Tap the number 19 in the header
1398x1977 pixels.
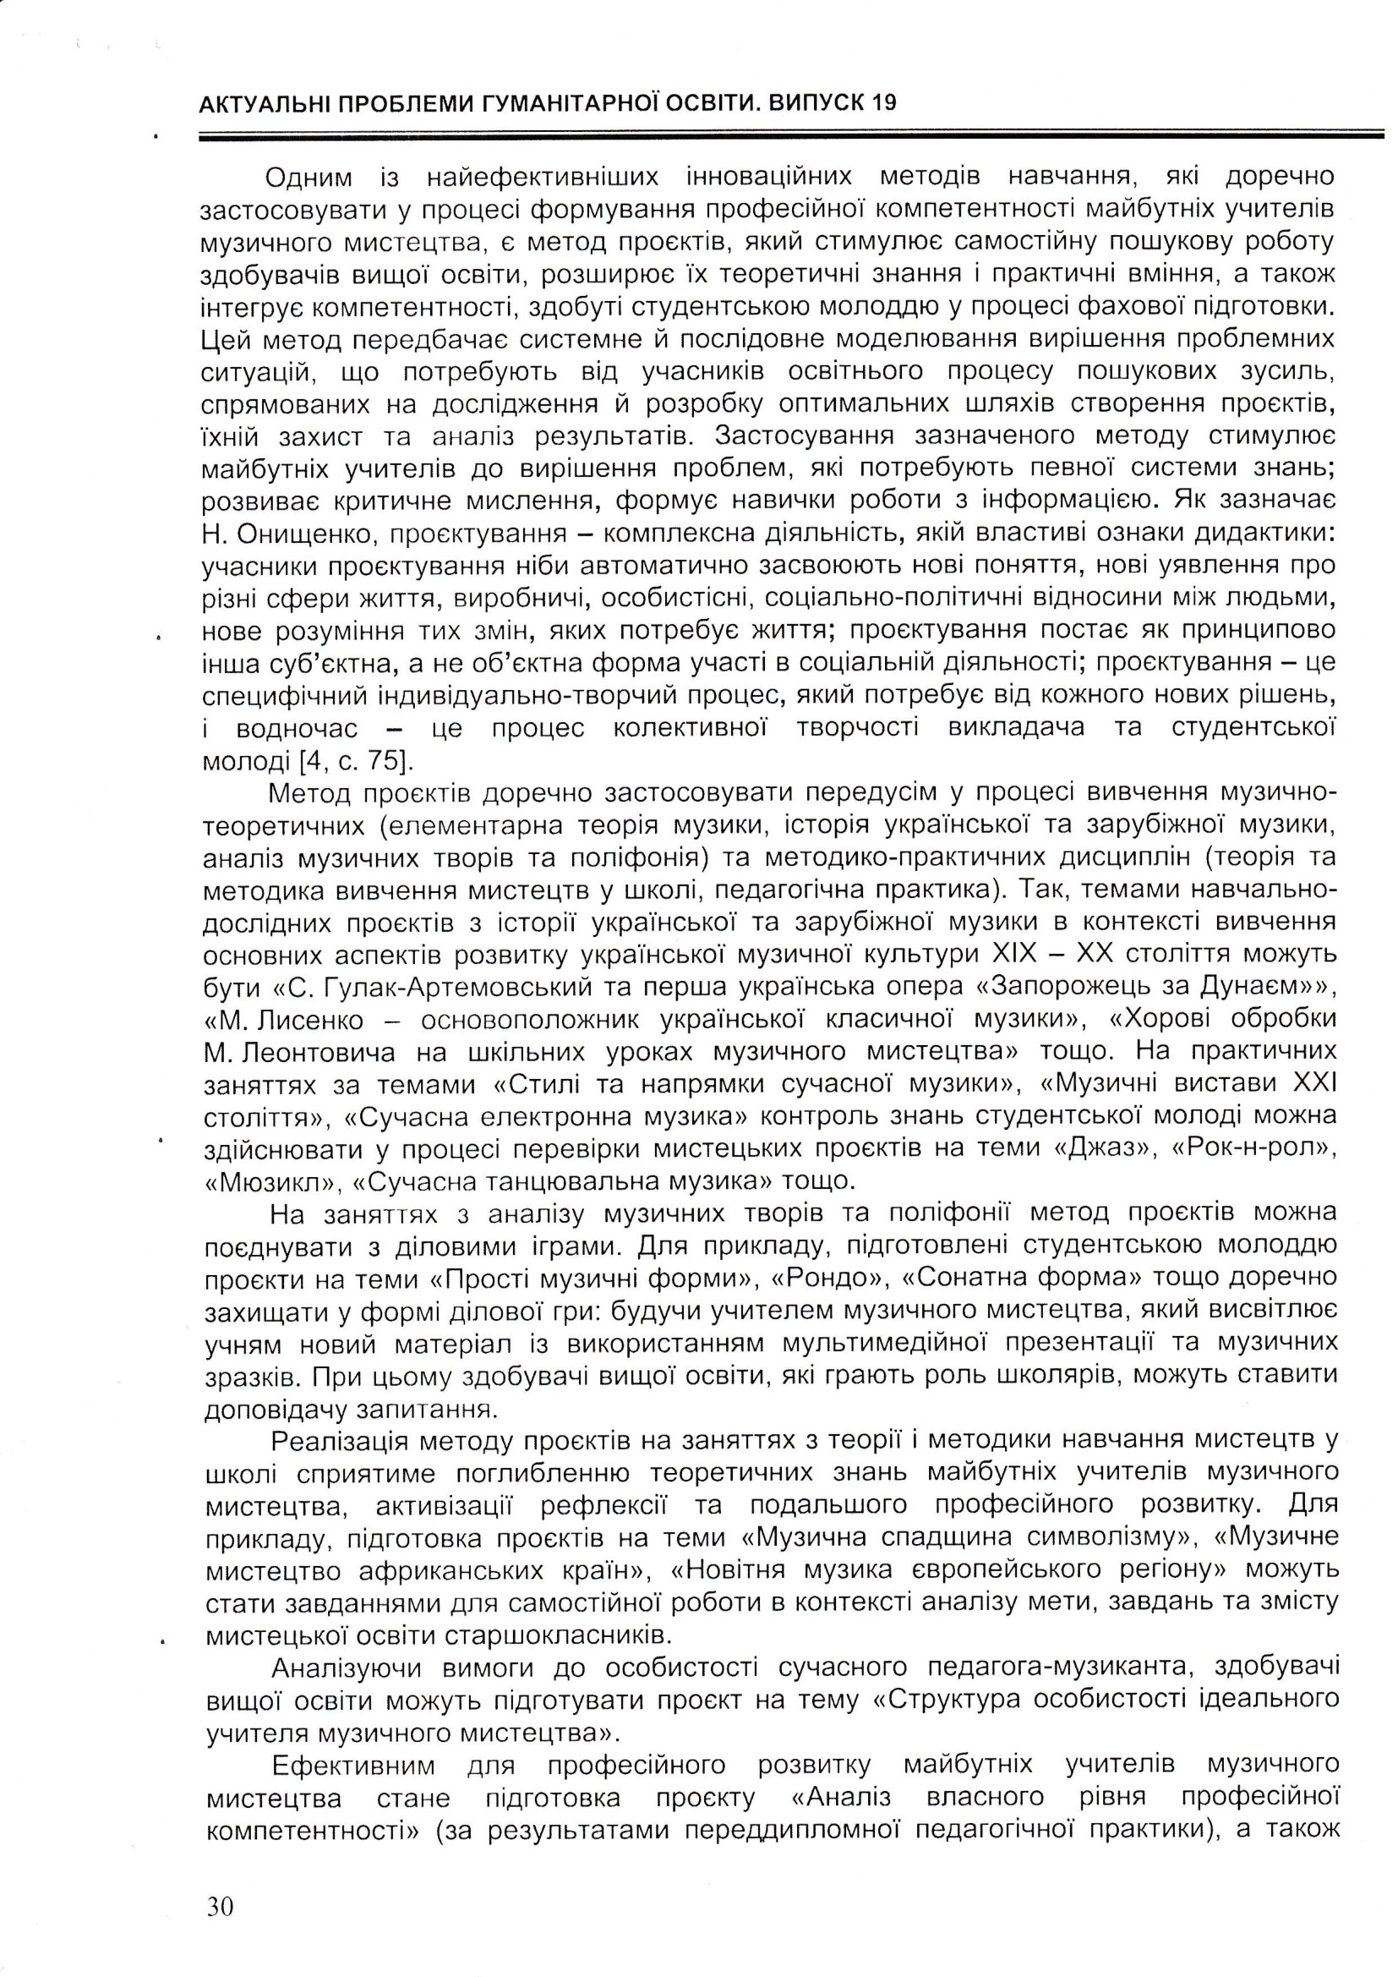882,103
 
